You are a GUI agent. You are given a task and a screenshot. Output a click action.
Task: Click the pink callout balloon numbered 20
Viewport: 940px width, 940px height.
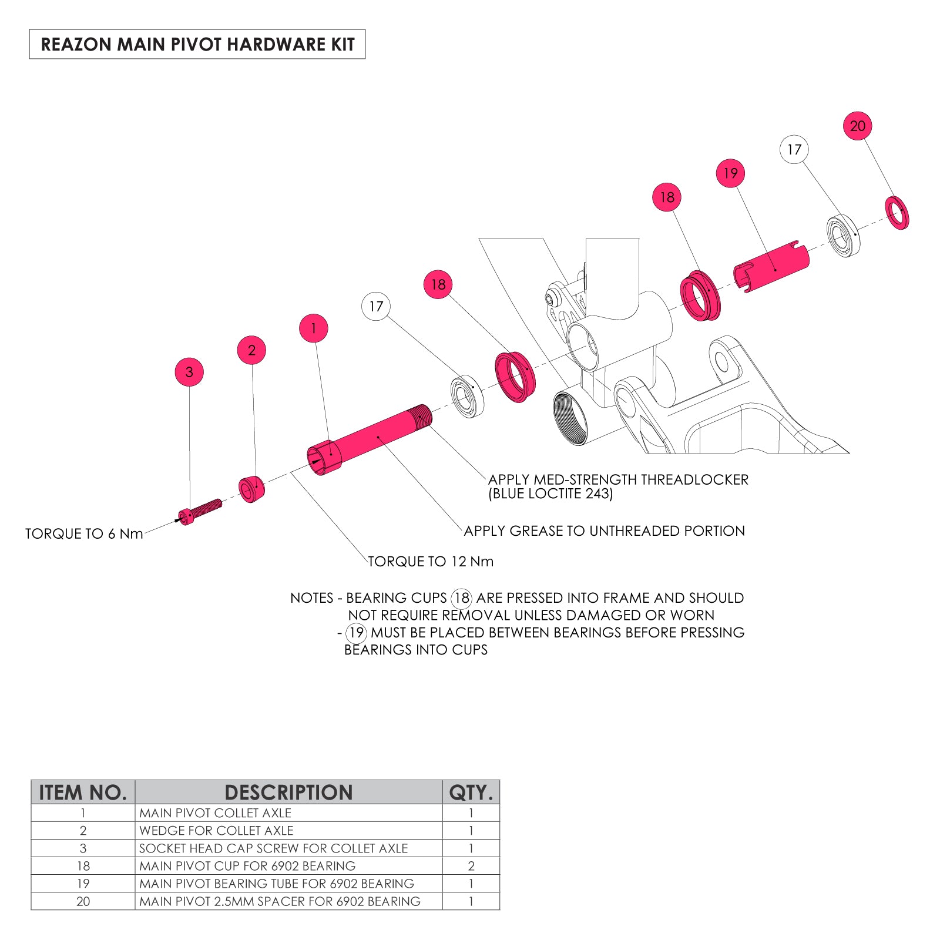coord(857,126)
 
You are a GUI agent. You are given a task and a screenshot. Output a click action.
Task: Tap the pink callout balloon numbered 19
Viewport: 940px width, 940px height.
coord(730,173)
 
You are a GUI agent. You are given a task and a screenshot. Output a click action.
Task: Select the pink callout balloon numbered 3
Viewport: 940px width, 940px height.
coord(189,372)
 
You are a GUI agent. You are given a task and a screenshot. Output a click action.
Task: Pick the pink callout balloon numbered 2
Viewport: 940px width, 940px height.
coord(251,350)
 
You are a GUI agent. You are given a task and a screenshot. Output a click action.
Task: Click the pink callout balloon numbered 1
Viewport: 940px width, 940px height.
coord(313,328)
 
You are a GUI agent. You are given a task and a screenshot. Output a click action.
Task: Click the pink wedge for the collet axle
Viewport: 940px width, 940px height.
coord(251,489)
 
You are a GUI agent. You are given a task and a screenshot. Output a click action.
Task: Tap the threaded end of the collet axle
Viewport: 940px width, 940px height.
coord(422,417)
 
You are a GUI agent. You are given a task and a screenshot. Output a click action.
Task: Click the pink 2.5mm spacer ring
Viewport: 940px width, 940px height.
coord(897,213)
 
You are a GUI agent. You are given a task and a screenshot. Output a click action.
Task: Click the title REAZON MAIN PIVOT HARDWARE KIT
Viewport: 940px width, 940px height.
coord(197,45)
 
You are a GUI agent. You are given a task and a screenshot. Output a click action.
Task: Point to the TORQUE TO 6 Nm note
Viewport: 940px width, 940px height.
coord(84,534)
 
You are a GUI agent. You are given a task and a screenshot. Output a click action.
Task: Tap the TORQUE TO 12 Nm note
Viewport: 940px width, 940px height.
coord(431,562)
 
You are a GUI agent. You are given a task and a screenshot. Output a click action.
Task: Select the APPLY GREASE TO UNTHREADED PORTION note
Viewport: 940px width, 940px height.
coord(604,531)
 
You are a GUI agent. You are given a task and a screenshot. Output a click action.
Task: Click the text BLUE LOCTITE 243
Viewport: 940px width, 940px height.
coord(550,494)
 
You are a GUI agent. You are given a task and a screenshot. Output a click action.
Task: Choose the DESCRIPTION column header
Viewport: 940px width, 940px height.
coord(288,793)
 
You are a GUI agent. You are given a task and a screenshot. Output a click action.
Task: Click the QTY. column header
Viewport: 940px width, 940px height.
coord(471,793)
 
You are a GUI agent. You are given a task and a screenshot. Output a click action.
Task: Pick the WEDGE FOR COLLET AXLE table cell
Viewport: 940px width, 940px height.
coord(216,831)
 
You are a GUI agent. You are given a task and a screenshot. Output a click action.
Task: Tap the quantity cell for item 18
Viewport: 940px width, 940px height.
coord(471,866)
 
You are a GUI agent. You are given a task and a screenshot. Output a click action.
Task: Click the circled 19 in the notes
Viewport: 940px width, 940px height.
coord(356,633)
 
